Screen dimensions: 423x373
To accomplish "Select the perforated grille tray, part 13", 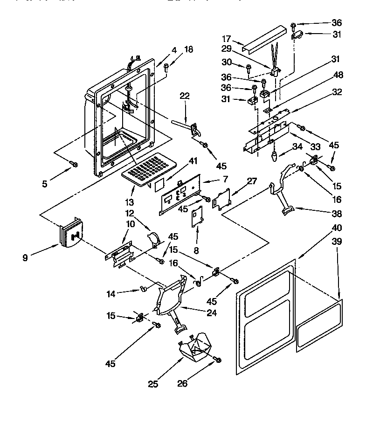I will (149, 169).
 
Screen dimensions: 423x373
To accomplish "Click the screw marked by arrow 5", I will (73, 164).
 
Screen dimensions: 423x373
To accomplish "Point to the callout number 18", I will (188, 49).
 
